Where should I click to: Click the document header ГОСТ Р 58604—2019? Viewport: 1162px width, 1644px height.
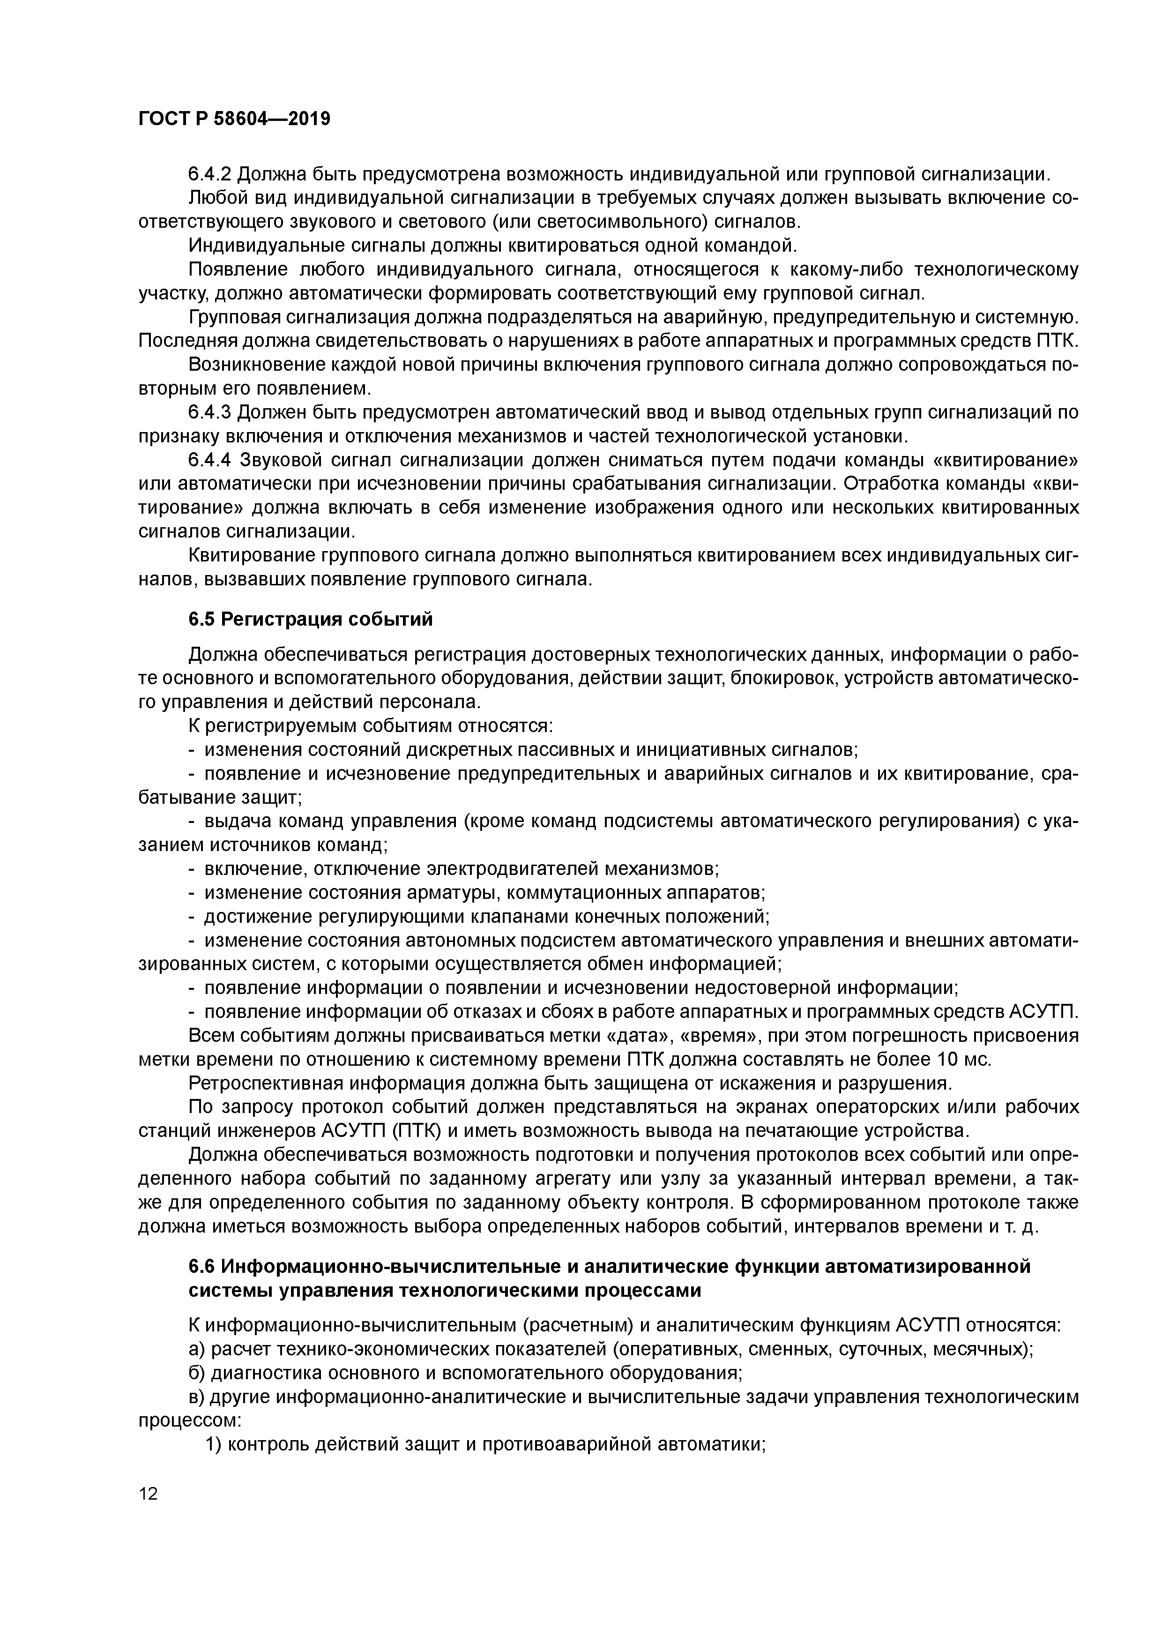234,119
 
